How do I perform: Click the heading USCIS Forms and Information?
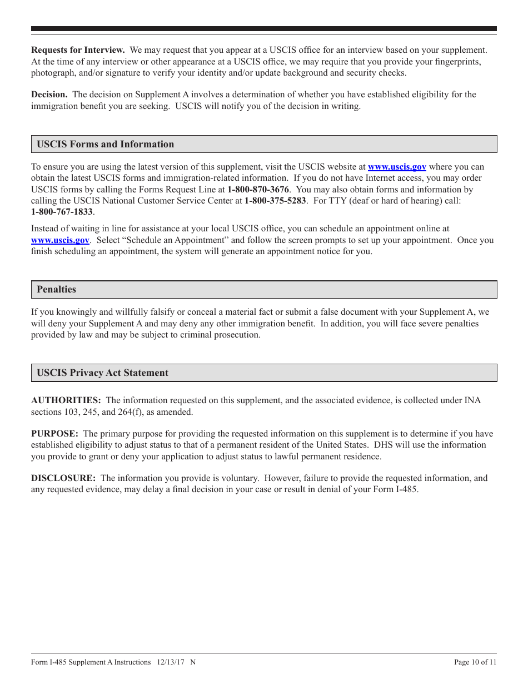[105, 144]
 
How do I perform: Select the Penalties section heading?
[56, 289]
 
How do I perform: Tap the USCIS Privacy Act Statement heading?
[102, 373]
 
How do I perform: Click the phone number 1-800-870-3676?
[258, 190]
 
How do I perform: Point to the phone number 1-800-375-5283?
[275, 201]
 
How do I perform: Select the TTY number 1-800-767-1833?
[62, 212]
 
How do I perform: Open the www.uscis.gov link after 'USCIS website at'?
[397, 167]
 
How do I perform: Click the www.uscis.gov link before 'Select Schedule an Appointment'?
[60, 240]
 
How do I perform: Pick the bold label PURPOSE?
[54, 434]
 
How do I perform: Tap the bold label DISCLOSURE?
[63, 478]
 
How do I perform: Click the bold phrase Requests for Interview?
[78, 50]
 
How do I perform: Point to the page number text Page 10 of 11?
[475, 662]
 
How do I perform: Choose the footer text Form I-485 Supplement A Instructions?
[91, 662]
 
